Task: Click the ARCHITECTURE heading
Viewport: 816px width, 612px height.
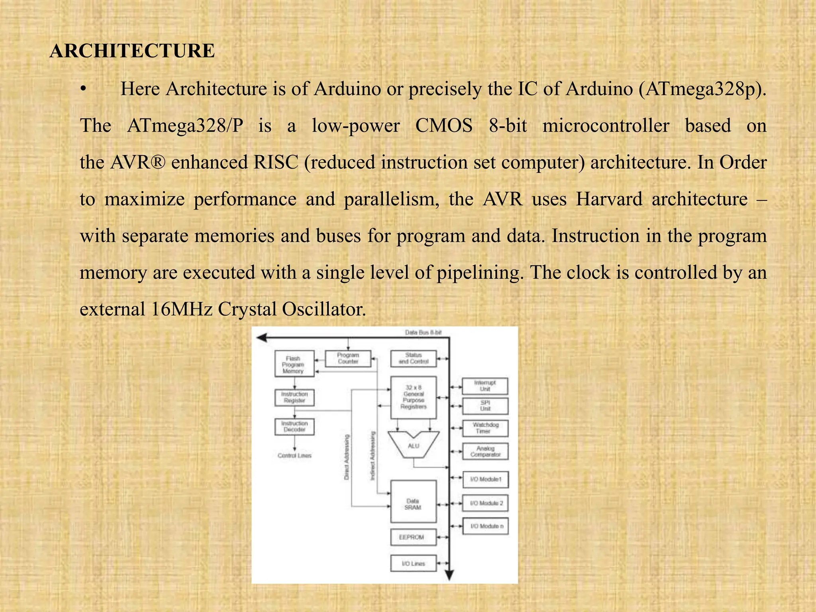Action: tap(132, 51)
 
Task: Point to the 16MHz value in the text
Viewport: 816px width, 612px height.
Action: tap(182, 309)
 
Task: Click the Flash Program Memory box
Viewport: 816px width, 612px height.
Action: tap(294, 364)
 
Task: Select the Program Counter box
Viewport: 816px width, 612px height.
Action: tap(348, 358)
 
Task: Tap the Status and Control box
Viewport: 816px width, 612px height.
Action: tap(413, 358)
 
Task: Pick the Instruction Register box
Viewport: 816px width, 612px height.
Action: tap(294, 397)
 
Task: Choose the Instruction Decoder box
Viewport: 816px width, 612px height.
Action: tap(294, 426)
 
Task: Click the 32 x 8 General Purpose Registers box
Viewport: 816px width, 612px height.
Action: tap(413, 397)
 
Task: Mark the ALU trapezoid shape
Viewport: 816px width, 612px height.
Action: tap(413, 445)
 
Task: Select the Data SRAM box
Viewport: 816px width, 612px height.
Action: tap(413, 501)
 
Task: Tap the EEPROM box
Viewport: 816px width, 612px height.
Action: tap(413, 537)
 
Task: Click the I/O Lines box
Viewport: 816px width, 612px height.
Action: tap(413, 563)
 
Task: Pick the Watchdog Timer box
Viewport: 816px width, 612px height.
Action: tap(485, 428)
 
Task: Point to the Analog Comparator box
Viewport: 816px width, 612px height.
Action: tap(485, 451)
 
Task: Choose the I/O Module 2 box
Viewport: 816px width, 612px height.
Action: tap(485, 503)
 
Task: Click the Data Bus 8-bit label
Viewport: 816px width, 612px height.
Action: tap(423, 332)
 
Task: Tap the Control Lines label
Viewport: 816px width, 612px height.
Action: tap(294, 455)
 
